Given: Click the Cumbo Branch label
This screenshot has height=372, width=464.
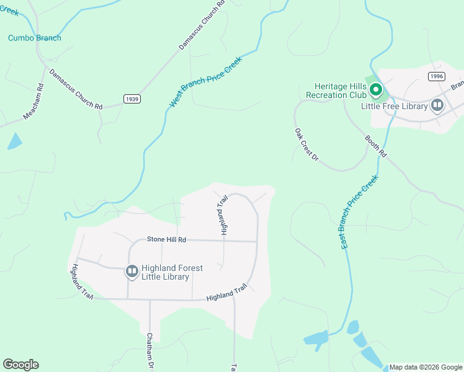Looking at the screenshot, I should point(35,38).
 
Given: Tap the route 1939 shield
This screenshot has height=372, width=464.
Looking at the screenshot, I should point(132,99).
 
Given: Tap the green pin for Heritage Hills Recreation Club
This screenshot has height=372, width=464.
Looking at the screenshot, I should point(375,91).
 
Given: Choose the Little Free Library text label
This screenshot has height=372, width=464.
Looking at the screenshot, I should point(395,106).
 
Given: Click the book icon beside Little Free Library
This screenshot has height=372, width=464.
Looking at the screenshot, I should point(437,105).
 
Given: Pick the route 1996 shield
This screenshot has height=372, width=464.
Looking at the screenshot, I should point(436,76).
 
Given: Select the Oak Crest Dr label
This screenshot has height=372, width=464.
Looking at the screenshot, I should point(306,145).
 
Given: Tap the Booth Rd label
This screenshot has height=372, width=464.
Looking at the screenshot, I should point(375,146).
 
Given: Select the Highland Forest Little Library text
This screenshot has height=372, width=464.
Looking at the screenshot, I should point(165,272).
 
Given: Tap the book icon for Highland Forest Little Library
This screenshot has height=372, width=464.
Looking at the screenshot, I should point(132,271).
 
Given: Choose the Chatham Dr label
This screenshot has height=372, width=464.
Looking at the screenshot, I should point(149,352).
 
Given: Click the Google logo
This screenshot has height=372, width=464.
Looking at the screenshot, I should point(20,365).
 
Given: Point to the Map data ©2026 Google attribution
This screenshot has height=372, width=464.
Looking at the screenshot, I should point(426,367).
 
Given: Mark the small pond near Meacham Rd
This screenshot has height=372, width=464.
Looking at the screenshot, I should point(14,142).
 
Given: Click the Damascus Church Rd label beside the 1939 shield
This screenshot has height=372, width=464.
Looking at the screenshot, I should point(76,89).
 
